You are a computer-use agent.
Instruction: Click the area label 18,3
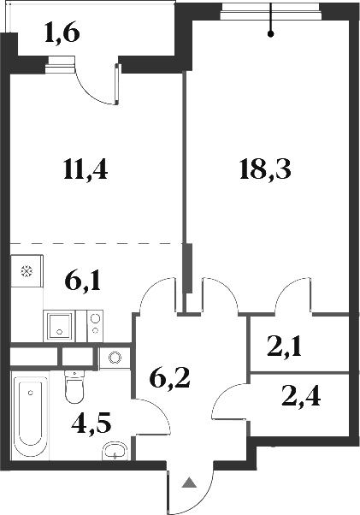click(265, 169)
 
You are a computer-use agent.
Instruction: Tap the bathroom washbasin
click(114, 451)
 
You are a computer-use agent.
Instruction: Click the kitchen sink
click(59, 324)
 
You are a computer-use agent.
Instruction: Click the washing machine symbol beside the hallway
click(112, 358)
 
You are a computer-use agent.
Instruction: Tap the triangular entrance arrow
click(188, 484)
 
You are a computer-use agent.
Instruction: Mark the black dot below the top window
click(271, 35)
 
